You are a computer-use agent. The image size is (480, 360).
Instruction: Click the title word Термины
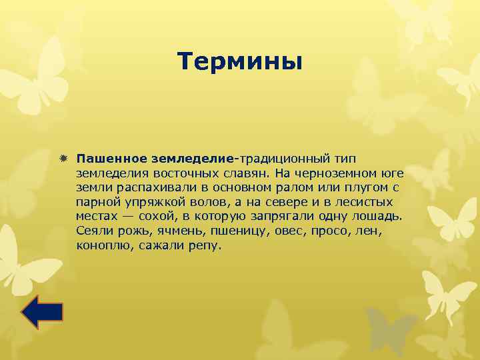click(240, 62)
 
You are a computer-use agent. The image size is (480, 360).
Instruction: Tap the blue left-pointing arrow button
click(41, 312)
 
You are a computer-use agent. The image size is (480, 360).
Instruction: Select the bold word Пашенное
click(111, 159)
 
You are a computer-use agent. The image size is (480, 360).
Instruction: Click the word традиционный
click(285, 159)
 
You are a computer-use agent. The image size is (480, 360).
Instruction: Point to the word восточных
click(170, 174)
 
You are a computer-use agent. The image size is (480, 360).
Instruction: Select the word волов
click(198, 203)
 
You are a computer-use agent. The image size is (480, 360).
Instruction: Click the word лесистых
click(364, 203)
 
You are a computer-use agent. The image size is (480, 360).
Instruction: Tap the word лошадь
click(377, 217)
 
